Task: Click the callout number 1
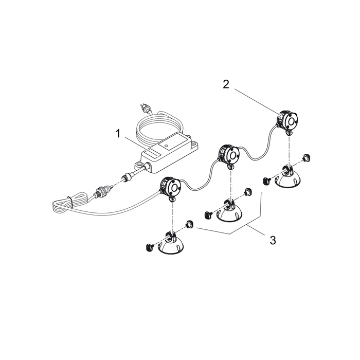click(118, 134)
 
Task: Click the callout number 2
click(226, 84)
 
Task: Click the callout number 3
click(273, 240)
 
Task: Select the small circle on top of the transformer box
click(166, 146)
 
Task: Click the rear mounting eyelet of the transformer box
click(194, 145)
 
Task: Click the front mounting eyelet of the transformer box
click(139, 165)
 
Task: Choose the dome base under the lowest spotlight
click(171, 244)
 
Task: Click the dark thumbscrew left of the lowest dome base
click(149, 247)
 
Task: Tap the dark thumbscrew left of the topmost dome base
click(266, 182)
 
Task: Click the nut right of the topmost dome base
click(306, 158)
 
